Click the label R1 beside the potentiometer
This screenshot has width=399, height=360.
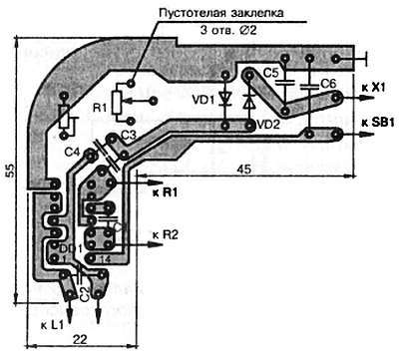point(98,107)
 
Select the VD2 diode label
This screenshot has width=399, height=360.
point(266,125)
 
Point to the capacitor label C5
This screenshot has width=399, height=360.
point(271,74)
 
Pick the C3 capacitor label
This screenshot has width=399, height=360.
point(128,134)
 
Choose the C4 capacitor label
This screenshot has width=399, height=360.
point(70,152)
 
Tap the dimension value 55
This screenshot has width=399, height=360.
point(9,172)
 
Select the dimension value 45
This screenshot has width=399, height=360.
point(244,171)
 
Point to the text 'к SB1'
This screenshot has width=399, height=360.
point(376,122)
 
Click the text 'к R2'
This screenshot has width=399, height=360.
point(166,235)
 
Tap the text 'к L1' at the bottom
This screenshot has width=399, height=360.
point(52,325)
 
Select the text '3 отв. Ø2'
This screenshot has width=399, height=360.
point(228,31)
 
